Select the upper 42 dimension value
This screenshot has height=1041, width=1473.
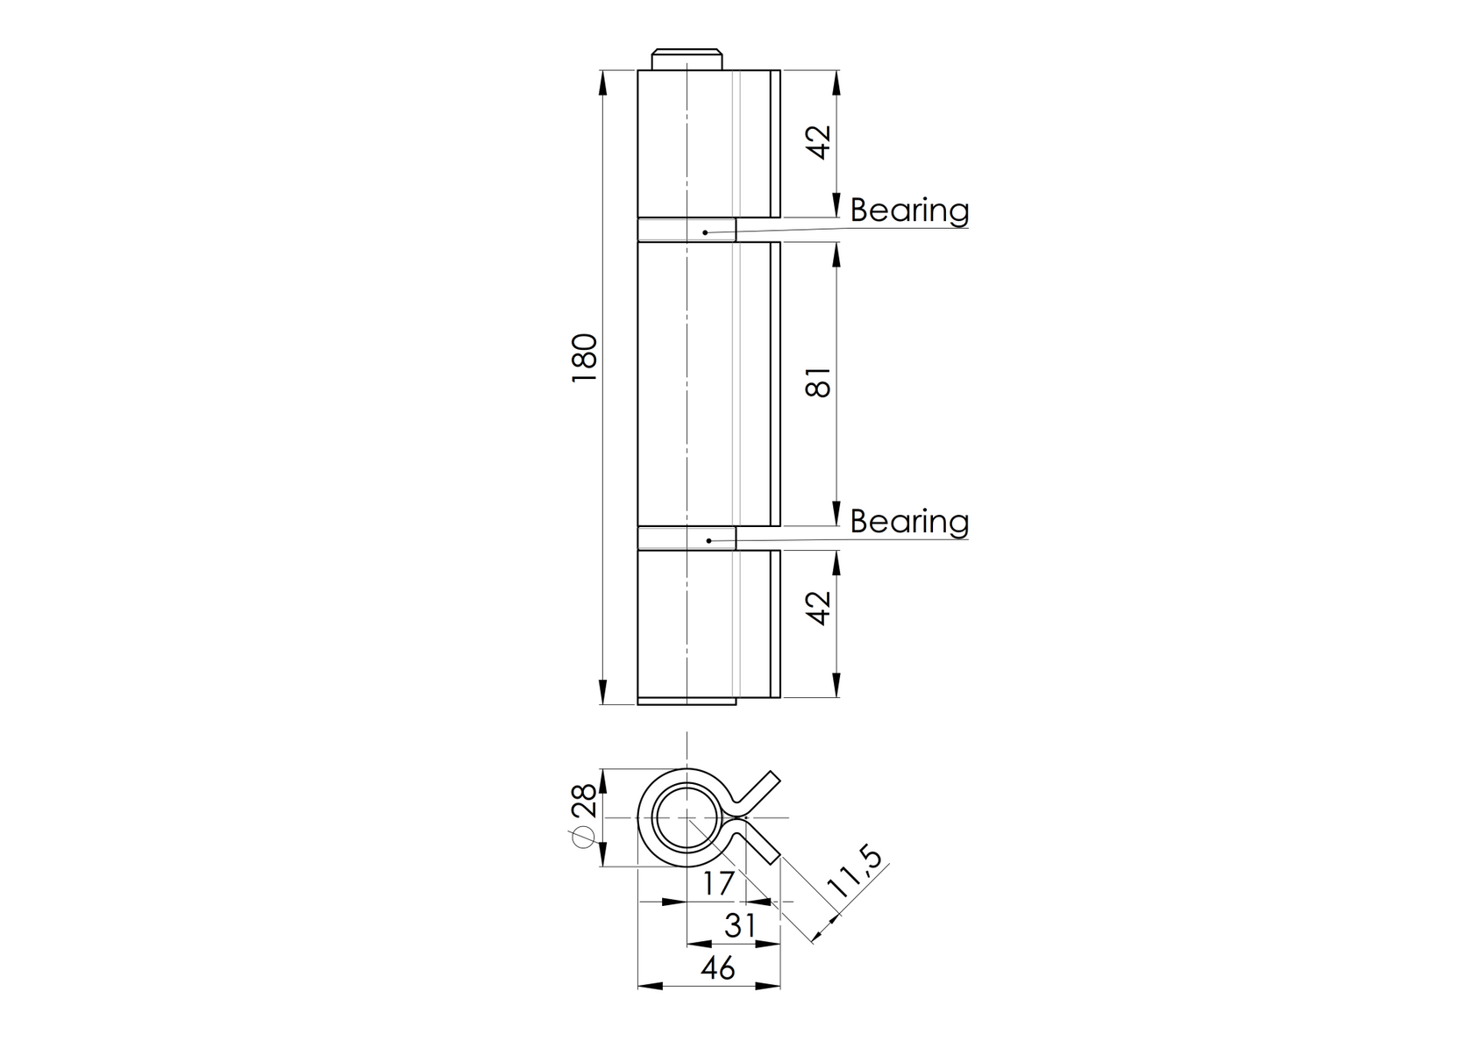819,142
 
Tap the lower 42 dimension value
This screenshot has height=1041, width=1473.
819,608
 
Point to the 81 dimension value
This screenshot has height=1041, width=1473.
819,383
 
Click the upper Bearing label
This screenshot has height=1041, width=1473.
909,210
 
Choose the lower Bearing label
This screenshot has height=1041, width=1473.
909,521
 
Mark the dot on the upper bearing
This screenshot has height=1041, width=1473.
705,232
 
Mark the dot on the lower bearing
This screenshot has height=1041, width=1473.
708,540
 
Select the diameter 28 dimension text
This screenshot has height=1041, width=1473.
583,814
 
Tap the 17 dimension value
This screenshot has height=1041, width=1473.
717,884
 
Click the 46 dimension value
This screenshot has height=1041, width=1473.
717,969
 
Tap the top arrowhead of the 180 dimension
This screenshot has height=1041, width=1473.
602,82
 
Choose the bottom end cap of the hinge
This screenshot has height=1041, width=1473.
687,701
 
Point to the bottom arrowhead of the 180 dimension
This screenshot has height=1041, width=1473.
602,692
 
